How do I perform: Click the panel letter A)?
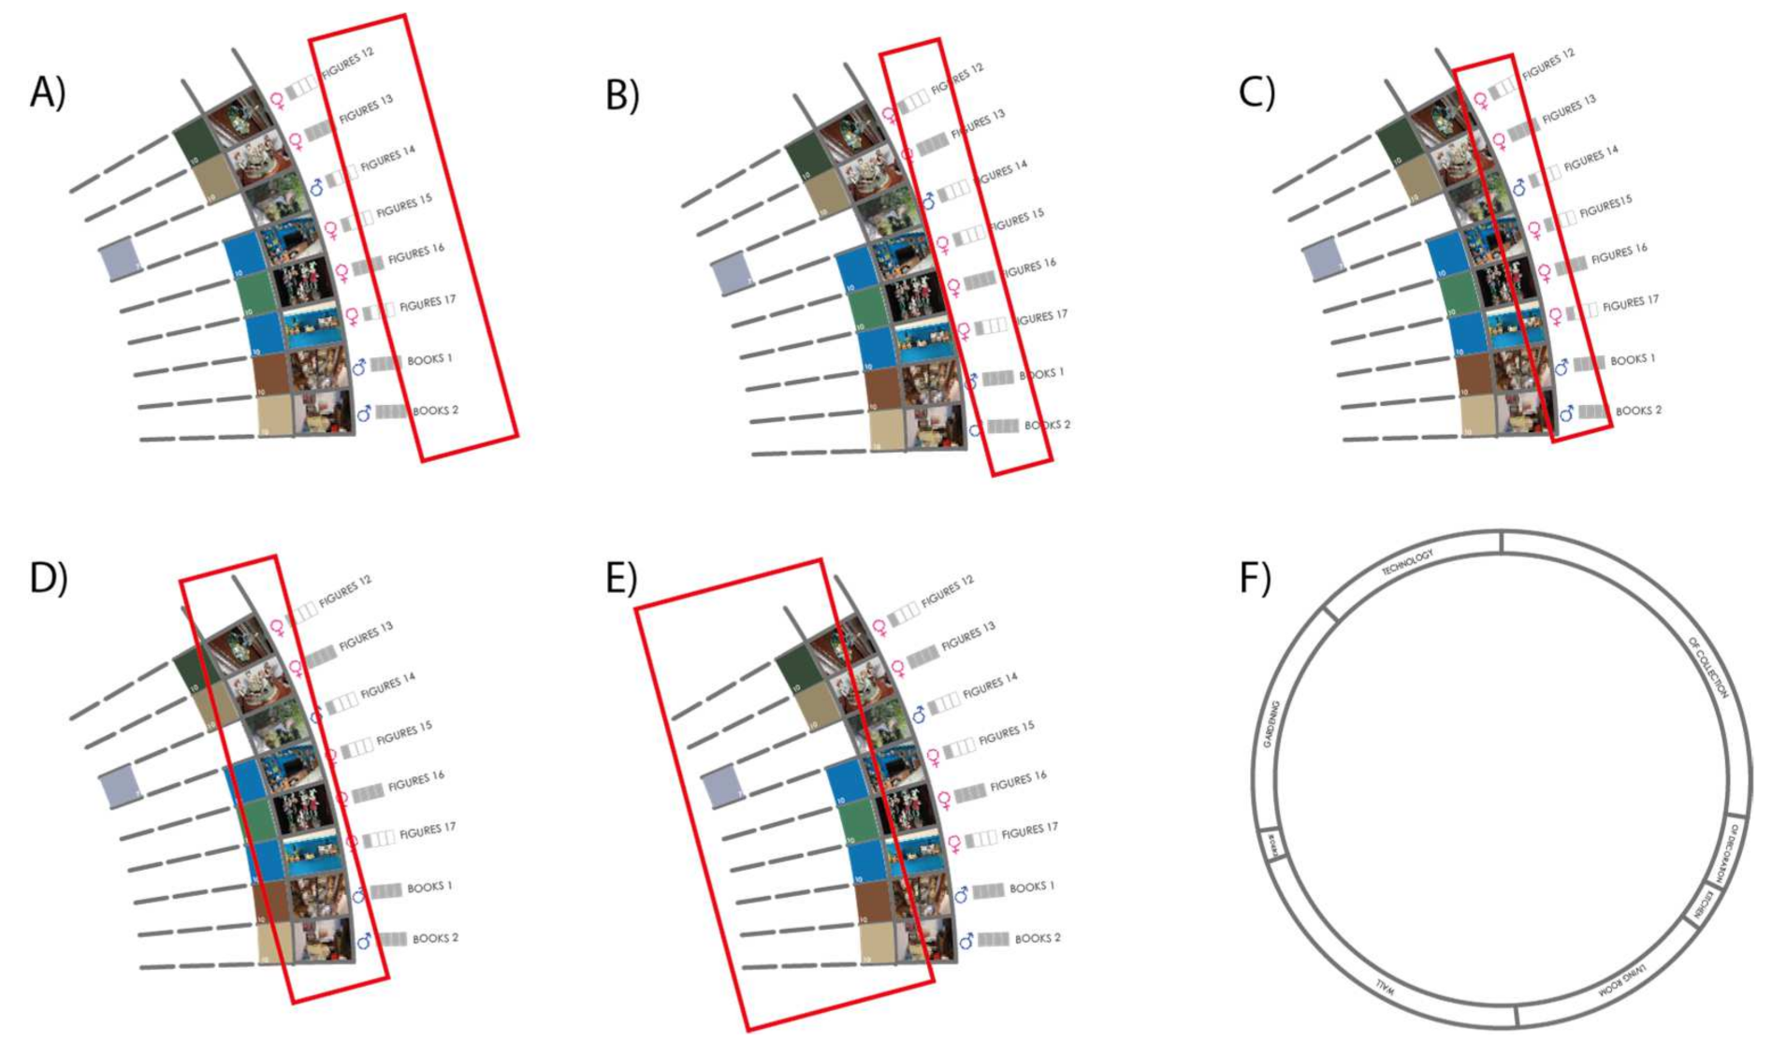tap(48, 93)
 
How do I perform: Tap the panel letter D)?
tap(48, 578)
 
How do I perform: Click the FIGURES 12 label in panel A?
tap(348, 62)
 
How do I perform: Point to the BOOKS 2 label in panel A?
tap(435, 411)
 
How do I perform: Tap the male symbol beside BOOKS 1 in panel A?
tap(359, 367)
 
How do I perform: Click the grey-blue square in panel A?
tap(121, 259)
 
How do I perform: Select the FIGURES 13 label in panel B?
tap(978, 124)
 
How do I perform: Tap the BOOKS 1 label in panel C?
tap(1633, 360)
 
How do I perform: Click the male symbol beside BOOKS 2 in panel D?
tap(364, 940)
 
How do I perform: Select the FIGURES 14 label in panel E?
tap(990, 686)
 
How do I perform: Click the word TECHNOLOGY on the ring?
tap(1407, 562)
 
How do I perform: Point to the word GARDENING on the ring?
tap(1271, 724)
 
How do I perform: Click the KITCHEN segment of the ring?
tap(1708, 904)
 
